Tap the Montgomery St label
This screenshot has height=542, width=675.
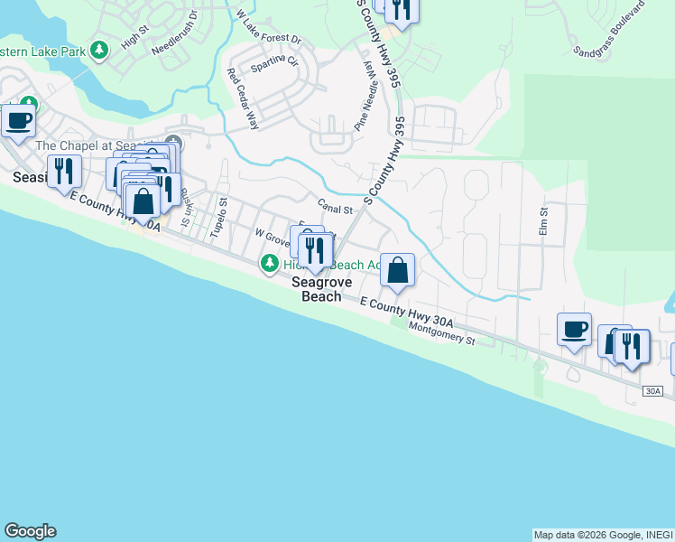(441, 333)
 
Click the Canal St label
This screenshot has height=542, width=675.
(334, 209)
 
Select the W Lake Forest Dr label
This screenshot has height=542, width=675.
(268, 29)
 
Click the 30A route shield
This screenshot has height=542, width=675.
(654, 391)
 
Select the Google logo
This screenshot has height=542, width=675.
(30, 531)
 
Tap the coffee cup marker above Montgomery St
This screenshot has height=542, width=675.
(574, 329)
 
